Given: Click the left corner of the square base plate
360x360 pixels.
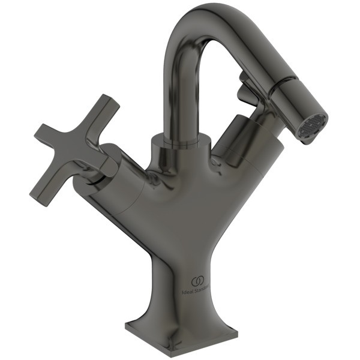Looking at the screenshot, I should (x=127, y=327).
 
